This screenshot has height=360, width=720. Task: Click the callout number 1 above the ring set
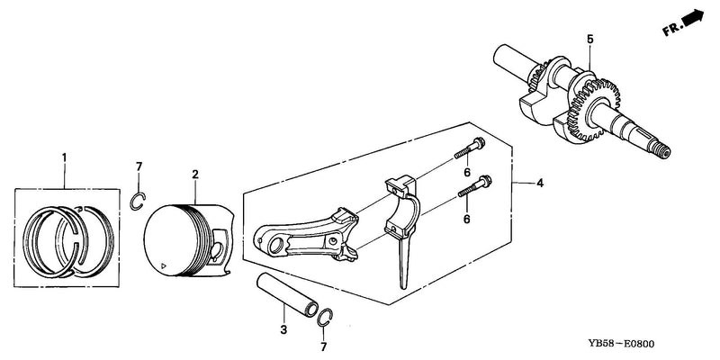[64, 157]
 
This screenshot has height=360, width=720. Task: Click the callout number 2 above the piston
[195, 174]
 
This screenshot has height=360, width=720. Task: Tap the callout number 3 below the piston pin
[283, 329]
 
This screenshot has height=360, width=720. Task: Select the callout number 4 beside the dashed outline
[540, 184]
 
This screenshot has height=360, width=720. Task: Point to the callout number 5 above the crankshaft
[590, 39]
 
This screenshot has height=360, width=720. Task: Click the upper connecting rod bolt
[470, 148]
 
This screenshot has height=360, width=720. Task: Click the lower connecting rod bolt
[475, 186]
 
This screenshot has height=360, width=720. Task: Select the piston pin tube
[287, 295]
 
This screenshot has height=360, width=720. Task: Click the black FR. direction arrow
[693, 19]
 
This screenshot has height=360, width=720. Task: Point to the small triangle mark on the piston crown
[162, 265]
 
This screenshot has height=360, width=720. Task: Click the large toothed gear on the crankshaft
[594, 110]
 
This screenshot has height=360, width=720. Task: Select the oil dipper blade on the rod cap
[403, 261]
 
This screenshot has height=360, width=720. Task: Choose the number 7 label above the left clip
[139, 166]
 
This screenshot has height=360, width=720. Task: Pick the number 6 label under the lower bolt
[466, 220]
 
